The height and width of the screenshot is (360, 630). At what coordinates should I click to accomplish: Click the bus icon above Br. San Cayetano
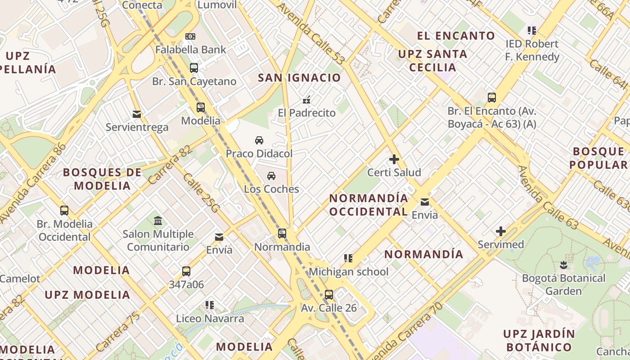(x=194, y=68)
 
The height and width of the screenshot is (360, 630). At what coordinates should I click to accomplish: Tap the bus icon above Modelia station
(x=201, y=108)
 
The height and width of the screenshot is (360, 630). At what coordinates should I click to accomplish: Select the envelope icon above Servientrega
(x=137, y=114)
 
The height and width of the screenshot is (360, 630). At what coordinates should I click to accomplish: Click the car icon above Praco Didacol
(x=259, y=140)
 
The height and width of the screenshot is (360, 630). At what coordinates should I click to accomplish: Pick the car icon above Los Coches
(x=271, y=176)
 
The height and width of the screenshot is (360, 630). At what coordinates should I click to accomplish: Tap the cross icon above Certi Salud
(x=394, y=159)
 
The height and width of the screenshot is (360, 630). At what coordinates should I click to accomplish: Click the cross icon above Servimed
(x=501, y=232)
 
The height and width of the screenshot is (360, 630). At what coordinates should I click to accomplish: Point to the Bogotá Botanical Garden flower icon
(x=563, y=265)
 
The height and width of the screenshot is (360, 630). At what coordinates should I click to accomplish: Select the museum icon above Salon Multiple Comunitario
(x=158, y=221)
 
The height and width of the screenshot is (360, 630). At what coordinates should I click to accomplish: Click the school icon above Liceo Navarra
(x=210, y=305)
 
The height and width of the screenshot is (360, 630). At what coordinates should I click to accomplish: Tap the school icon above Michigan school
(x=348, y=258)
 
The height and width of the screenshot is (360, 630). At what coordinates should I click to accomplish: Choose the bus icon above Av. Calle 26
(x=329, y=295)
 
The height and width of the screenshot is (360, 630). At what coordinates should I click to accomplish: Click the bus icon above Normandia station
(x=282, y=234)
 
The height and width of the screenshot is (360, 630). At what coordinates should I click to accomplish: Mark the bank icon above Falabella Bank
(x=190, y=36)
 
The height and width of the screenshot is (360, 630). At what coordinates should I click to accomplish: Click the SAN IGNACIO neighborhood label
(x=299, y=78)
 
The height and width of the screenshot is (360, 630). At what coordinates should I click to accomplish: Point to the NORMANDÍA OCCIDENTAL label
(x=369, y=205)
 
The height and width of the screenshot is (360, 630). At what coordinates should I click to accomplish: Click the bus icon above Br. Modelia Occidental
(x=64, y=211)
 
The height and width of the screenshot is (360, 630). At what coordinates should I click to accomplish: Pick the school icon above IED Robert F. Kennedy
(x=532, y=31)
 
